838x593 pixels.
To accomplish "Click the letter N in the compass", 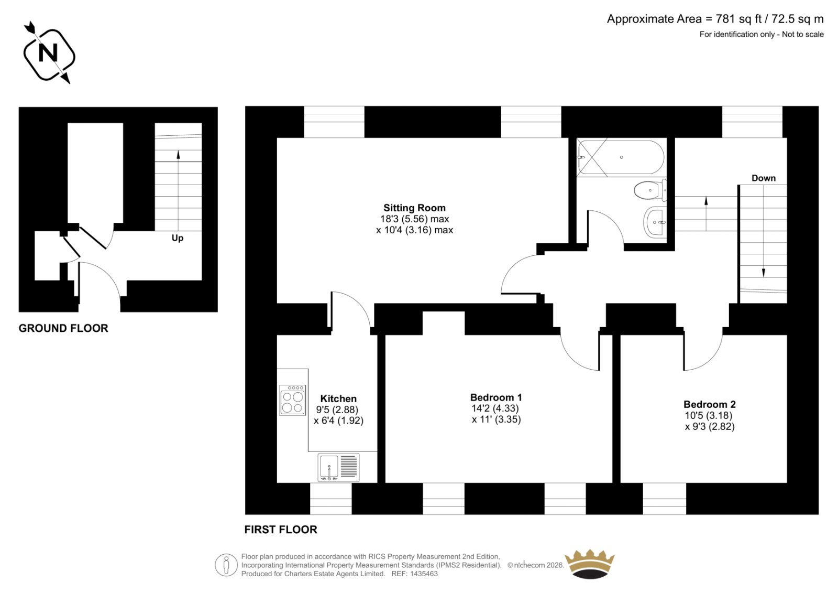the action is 48,53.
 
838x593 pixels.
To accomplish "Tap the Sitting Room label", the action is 414,208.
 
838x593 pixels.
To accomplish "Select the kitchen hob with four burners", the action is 293,400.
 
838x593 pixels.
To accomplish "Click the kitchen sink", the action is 338,467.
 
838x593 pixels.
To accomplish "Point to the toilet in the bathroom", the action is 650,190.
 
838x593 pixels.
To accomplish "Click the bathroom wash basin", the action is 655,222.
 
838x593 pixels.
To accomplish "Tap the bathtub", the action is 621,157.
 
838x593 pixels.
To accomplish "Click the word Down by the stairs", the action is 764,178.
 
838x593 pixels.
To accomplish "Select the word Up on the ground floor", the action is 178,238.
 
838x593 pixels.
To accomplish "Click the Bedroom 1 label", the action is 496,397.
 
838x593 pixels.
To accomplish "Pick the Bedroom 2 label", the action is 710,405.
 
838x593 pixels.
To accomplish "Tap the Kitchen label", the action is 338,398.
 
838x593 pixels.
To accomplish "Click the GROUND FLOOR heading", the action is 63,328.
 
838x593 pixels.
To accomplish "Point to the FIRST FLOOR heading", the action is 281,530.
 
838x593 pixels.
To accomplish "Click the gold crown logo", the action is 590,564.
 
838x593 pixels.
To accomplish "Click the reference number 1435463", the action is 424,574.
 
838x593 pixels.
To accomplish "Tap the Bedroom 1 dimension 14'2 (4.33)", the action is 495,408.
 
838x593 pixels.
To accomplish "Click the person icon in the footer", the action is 226,565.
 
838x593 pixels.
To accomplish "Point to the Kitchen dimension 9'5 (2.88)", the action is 337,409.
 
